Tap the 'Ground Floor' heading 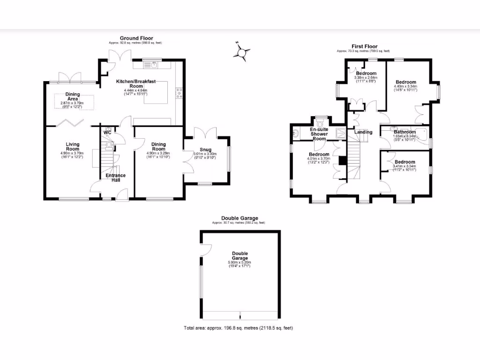pos(136,38)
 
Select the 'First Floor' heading pos(364,46)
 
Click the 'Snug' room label pos(205,150)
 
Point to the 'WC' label pos(107,133)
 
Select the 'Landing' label pos(363,132)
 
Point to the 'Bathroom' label pos(405,132)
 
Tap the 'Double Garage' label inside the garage pos(240,255)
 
